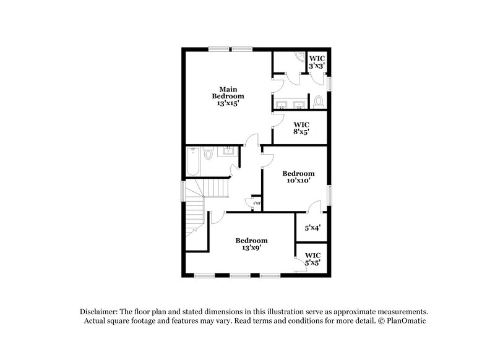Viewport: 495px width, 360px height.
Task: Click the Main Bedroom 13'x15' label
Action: click(228, 96)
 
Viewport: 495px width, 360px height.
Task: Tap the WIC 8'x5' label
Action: click(301, 128)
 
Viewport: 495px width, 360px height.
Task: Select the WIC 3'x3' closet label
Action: click(317, 61)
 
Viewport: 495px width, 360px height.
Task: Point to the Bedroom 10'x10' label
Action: click(298, 178)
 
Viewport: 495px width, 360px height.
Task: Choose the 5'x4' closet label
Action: click(312, 228)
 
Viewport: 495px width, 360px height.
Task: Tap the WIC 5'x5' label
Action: click(312, 259)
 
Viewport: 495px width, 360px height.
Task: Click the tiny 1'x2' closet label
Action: click(256, 202)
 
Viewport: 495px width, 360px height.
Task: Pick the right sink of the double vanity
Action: click(299, 103)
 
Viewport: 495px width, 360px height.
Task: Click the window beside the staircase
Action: click(183, 190)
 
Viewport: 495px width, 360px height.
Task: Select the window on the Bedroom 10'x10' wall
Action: click(329, 195)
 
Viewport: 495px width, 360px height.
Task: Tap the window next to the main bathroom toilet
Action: click(329, 82)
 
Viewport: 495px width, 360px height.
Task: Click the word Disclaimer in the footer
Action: click(100, 312)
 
